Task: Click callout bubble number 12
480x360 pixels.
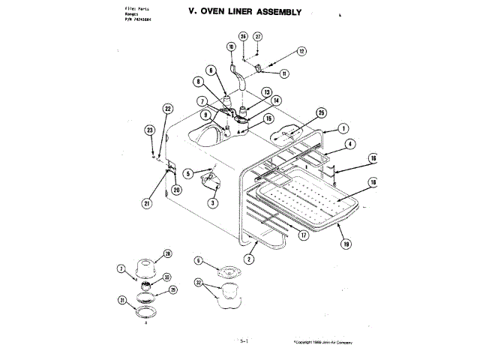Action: (x=301, y=52)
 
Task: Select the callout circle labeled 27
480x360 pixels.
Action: (x=257, y=36)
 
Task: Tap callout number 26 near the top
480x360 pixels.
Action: (x=243, y=36)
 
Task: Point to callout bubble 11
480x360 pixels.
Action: (x=284, y=73)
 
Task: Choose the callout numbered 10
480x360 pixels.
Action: (x=232, y=46)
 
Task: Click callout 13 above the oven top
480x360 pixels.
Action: (x=266, y=91)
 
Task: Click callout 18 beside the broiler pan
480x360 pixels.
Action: (x=373, y=182)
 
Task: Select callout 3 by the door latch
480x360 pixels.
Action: (x=213, y=202)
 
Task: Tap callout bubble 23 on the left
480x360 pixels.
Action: (x=150, y=130)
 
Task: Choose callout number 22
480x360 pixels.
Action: (x=168, y=109)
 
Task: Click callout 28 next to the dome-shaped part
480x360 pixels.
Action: (x=167, y=253)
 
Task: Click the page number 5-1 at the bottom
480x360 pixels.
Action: (x=244, y=340)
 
